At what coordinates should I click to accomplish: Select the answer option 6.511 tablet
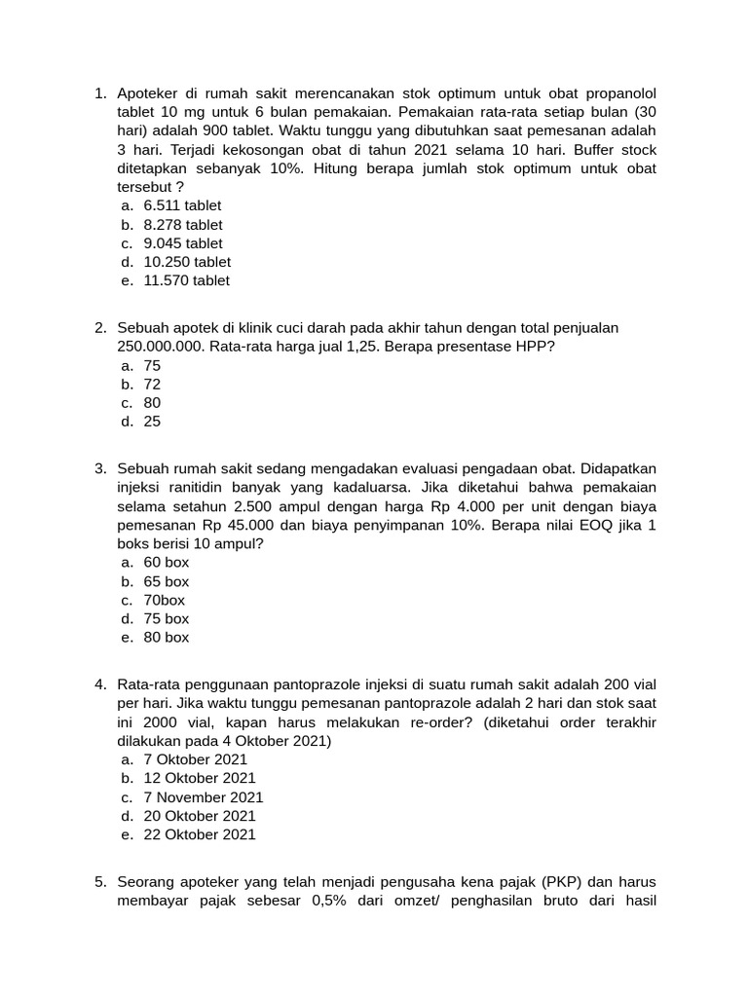(x=182, y=205)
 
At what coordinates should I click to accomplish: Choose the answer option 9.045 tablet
(x=182, y=243)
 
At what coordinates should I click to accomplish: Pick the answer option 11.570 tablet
(x=186, y=280)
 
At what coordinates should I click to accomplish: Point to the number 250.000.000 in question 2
(x=160, y=347)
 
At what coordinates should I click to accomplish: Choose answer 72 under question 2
(x=152, y=385)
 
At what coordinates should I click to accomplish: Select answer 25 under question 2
(x=152, y=422)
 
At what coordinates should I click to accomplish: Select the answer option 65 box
(x=167, y=581)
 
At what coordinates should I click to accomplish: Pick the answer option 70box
(x=164, y=600)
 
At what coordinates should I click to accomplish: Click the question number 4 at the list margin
(x=99, y=684)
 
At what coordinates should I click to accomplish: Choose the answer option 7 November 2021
(x=204, y=797)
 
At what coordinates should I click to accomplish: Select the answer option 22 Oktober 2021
(x=200, y=834)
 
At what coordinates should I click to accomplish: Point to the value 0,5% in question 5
(x=329, y=901)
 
